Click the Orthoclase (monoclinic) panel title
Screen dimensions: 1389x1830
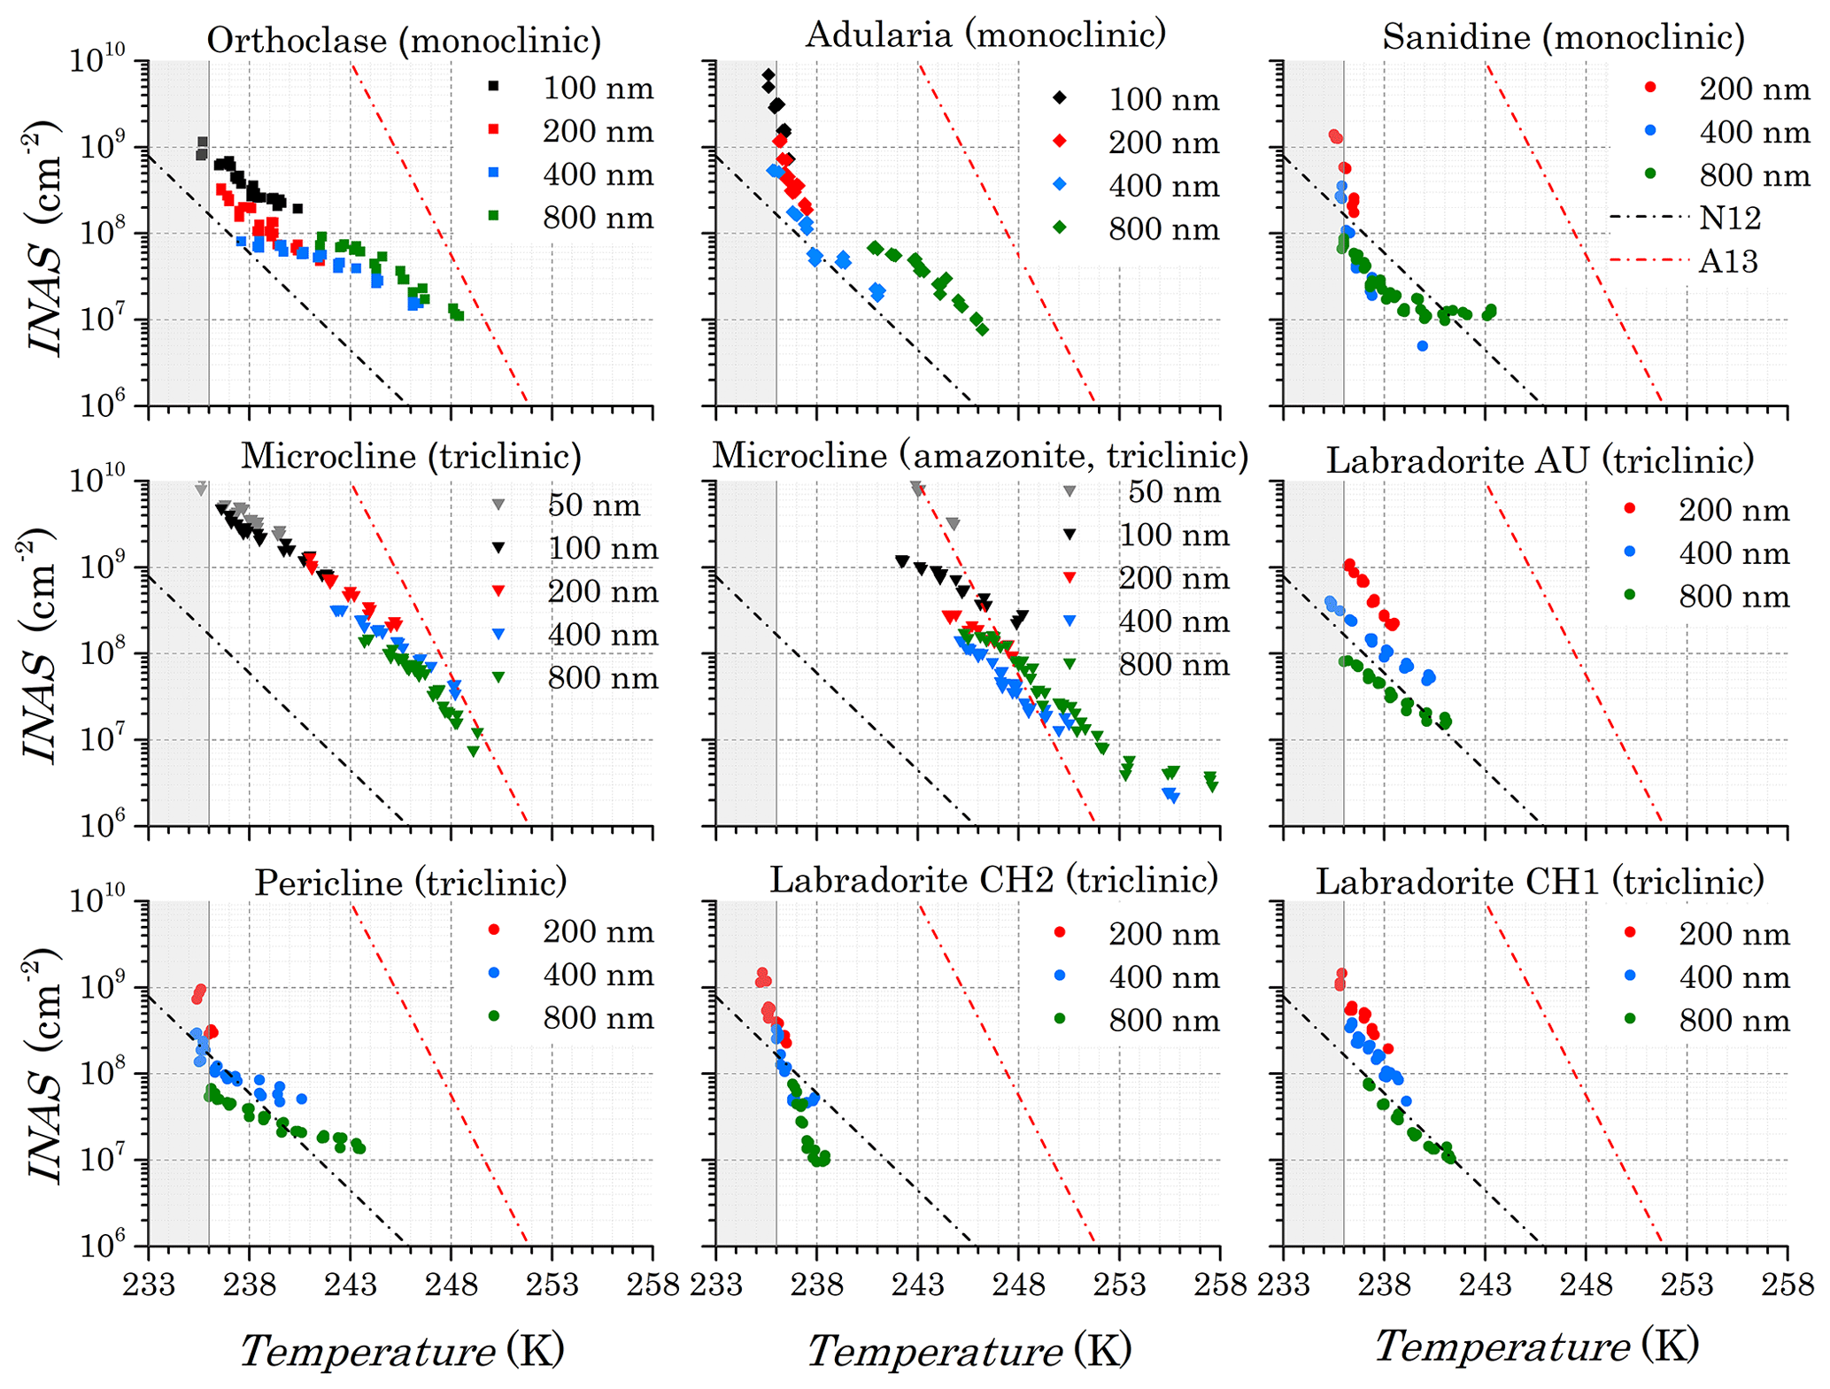click(x=404, y=40)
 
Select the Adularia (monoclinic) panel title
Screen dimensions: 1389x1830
click(x=985, y=35)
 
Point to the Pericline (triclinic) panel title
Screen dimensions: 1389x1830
click(x=411, y=882)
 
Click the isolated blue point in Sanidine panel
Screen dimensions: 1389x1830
click(x=1422, y=346)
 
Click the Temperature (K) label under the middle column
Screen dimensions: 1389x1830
click(x=969, y=1351)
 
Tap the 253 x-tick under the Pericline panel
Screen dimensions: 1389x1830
click(x=552, y=1283)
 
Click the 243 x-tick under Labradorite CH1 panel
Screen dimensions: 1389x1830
click(x=1485, y=1283)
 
